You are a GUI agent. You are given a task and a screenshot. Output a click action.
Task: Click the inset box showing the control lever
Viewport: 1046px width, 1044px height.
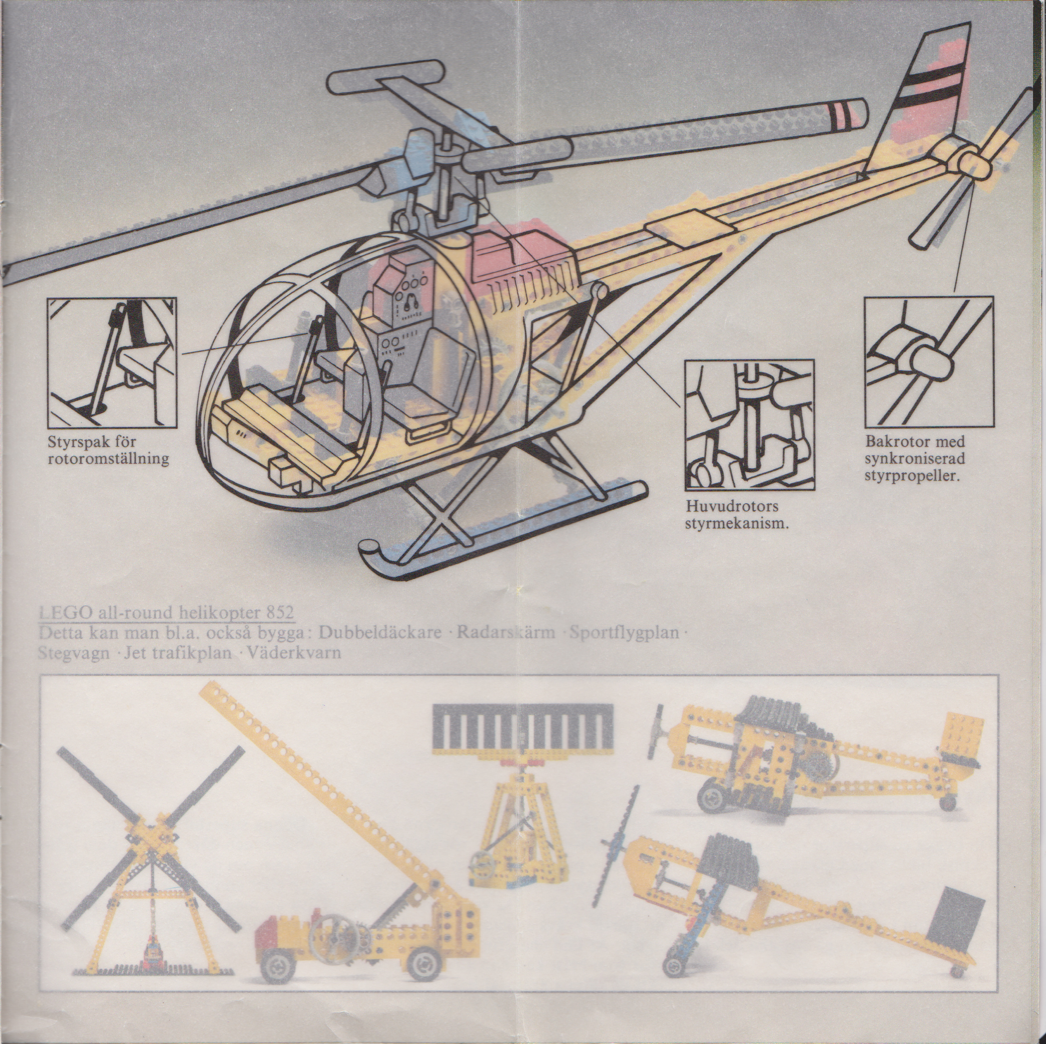coord(112,362)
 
